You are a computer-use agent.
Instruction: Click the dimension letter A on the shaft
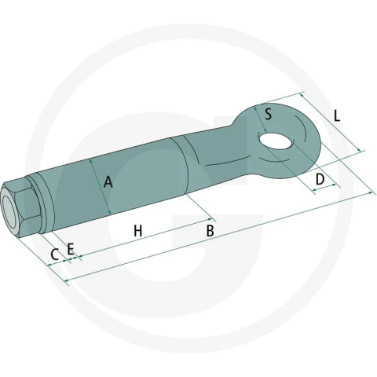[x=108, y=182]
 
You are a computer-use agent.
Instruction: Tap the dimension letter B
[x=210, y=231]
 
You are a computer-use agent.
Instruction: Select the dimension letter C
[x=54, y=254]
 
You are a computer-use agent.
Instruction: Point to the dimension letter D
[x=320, y=180]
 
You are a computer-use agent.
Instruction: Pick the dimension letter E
[x=71, y=249]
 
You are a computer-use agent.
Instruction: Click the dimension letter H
[x=138, y=231]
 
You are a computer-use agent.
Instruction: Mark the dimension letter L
[x=337, y=115]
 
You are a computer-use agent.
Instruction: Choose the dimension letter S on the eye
[x=268, y=114]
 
